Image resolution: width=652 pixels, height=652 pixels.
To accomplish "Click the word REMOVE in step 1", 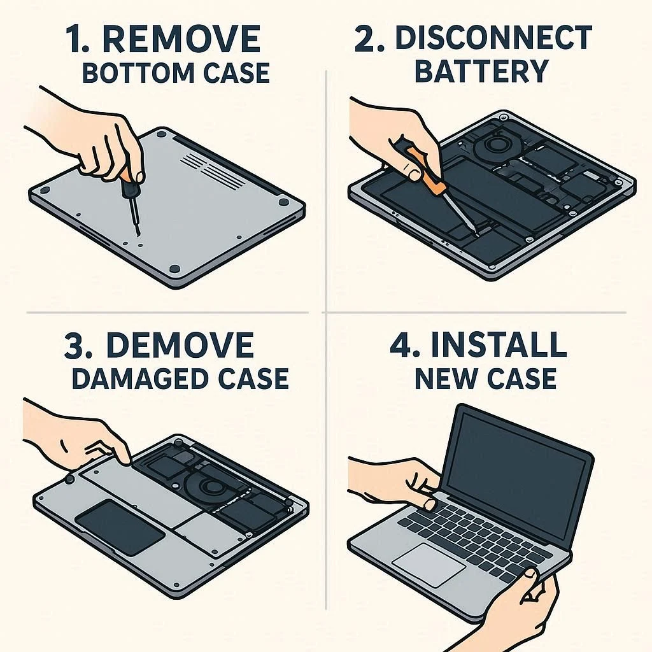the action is pos(181,39).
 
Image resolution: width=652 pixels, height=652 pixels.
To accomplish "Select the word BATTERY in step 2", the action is pos(481,71).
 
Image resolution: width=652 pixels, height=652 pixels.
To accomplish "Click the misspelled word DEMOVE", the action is pos(180,344).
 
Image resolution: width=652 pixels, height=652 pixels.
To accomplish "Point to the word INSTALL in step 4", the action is pos(499,344).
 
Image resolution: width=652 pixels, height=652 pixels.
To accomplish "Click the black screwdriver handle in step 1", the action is pos(127,186).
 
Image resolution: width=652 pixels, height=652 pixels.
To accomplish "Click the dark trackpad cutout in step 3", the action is pos(120,527).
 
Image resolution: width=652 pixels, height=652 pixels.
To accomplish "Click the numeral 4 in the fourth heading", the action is pos(401,344).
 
